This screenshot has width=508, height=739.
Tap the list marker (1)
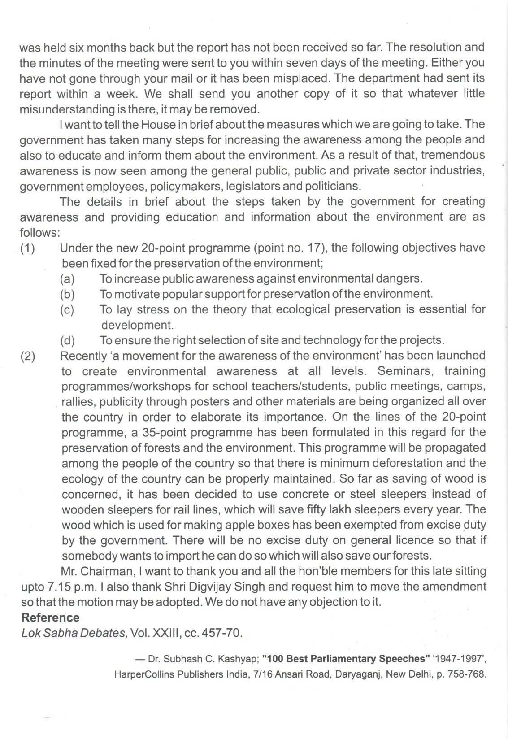coord(28,248)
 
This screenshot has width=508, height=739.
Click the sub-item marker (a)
coord(67,279)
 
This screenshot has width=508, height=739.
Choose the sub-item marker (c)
coord(67,310)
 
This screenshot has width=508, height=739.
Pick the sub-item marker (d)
coord(67,341)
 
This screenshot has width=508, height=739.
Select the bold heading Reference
coord(50,617)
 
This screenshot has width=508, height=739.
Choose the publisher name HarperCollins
coord(142,674)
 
